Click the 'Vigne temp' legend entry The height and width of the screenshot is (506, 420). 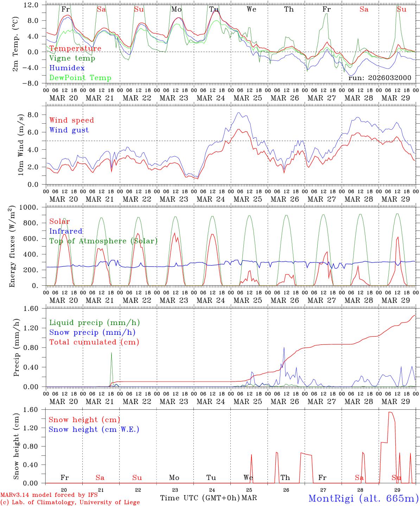point(72,58)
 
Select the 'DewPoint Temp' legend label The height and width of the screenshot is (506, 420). point(80,78)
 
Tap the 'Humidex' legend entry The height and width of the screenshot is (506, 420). point(67,68)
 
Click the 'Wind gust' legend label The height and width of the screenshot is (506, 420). point(69,130)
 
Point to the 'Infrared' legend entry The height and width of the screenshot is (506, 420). point(66,231)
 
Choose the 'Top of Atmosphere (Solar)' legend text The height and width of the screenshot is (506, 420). point(103,241)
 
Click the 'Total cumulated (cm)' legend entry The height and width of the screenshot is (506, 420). point(94,342)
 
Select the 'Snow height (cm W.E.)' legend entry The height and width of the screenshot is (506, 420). point(94,429)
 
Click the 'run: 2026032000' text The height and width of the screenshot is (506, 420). point(380,78)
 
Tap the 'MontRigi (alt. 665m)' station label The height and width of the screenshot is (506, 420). point(363,498)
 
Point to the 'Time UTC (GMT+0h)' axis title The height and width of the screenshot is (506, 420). point(200,498)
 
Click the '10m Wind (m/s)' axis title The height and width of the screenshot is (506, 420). point(21,144)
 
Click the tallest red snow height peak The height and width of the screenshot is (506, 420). point(390,412)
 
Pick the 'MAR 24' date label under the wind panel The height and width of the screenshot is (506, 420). point(211,199)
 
